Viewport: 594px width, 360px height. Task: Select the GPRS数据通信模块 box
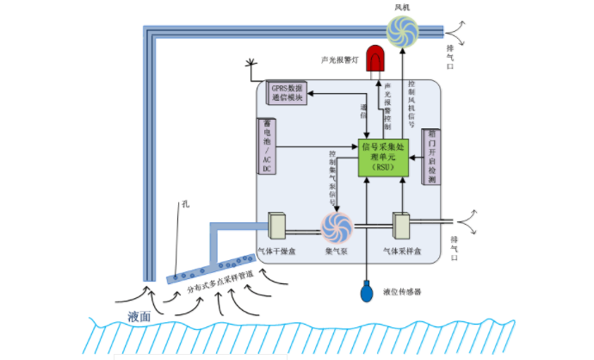[288, 92]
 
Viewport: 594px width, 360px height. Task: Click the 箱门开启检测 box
[430, 157]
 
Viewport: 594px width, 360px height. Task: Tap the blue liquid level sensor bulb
[368, 291]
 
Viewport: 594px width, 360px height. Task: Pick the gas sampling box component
[403, 226]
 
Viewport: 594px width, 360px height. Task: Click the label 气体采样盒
[403, 251]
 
